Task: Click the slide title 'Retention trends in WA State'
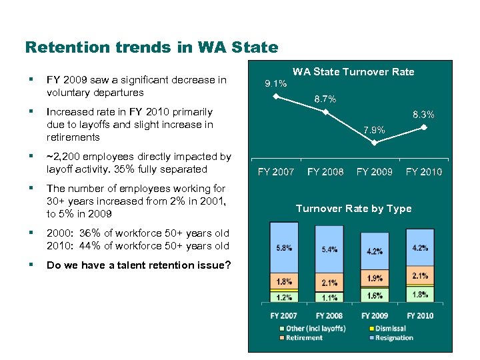(x=151, y=47)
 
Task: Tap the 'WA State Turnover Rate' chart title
(x=353, y=72)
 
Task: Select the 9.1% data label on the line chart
(x=275, y=84)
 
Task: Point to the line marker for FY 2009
(x=375, y=142)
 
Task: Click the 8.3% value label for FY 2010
(x=423, y=115)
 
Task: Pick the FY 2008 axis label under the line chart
(x=325, y=172)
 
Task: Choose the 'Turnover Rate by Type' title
(x=353, y=209)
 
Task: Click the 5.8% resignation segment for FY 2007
(x=284, y=248)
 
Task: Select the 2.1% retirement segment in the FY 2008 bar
(x=329, y=283)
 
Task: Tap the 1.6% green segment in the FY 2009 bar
(x=375, y=295)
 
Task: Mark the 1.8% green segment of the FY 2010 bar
(x=420, y=295)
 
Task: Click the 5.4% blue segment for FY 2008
(x=329, y=249)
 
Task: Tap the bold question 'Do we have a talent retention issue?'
(x=139, y=265)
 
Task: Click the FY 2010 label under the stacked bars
(x=420, y=315)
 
